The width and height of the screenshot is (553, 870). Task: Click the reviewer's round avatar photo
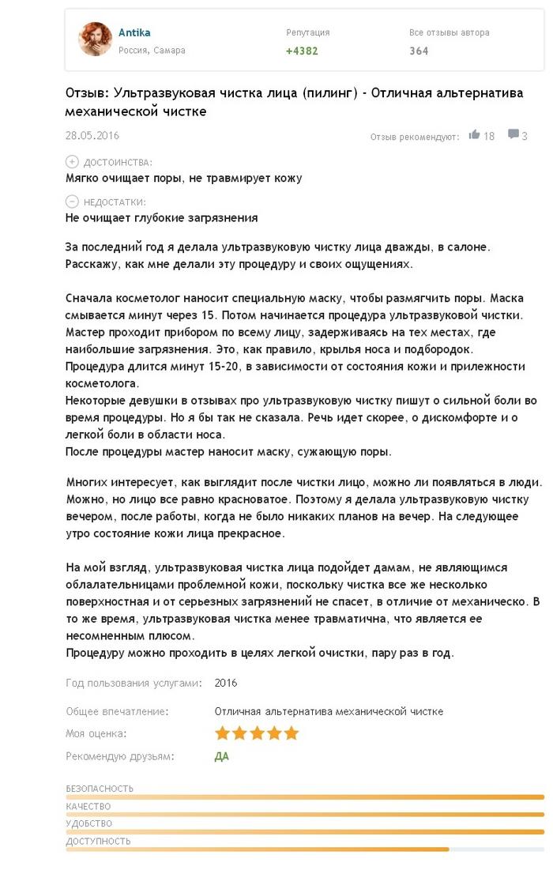96,39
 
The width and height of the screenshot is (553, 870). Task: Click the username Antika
134,32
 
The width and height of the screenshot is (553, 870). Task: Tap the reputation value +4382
302,51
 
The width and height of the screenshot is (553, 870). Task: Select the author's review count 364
419,51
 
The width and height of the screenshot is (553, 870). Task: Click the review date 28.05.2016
92,135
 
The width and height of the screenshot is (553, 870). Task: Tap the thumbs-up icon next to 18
474,134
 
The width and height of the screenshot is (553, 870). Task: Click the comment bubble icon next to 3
513,134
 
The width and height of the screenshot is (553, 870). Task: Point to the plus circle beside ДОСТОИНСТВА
72,161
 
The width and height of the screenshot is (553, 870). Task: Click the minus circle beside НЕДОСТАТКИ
72,201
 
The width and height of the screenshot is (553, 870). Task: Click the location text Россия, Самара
152,51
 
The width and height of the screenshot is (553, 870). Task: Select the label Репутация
308,32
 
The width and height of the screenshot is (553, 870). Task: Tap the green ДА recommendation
222,756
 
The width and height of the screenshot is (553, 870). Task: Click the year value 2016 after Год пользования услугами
225,683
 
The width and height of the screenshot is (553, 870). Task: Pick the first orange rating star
222,733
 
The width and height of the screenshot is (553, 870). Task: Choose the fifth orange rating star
292,733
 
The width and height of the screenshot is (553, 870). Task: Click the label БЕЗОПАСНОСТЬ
100,789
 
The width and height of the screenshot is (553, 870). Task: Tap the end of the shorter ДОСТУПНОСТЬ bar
447,849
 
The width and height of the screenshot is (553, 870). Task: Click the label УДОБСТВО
88,823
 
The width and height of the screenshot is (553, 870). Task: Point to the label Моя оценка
96,733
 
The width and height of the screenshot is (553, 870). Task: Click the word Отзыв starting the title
84,93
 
